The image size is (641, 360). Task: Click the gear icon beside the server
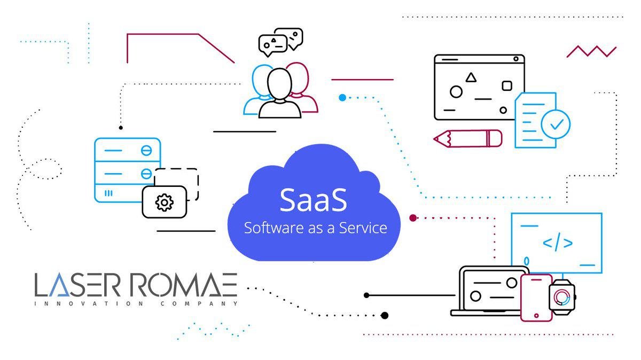pyautogui.click(x=164, y=202)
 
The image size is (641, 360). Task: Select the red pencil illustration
pyautogui.click(x=468, y=138)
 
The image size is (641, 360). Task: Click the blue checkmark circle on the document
pyautogui.click(x=556, y=124)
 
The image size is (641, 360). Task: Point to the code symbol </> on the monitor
pyautogui.click(x=558, y=243)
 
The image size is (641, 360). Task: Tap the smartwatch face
pyautogui.click(x=562, y=297)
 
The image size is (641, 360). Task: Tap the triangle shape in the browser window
pyautogui.click(x=471, y=77)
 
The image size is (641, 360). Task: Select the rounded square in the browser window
pyautogui.click(x=507, y=85)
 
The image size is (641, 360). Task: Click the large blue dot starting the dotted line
pyautogui.click(x=342, y=97)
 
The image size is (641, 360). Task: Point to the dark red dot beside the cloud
pyautogui.click(x=412, y=217)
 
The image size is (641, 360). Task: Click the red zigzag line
pyautogui.click(x=591, y=51)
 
